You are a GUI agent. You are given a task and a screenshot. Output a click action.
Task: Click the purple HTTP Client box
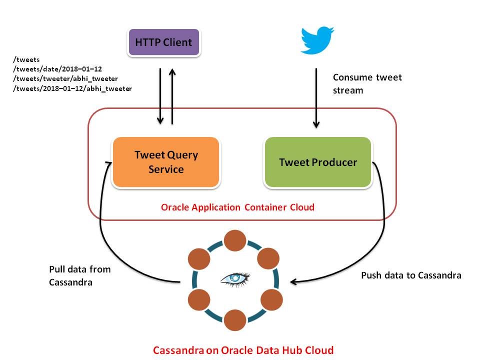pyautogui.click(x=164, y=42)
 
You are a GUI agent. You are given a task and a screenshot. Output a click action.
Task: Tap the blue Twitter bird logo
pyautogui.click(x=317, y=40)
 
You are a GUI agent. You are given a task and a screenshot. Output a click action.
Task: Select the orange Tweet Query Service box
pyautogui.click(x=166, y=162)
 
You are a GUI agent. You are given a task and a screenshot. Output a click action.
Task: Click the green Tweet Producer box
pyautogui.click(x=318, y=162)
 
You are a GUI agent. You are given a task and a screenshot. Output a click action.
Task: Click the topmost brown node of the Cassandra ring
pyautogui.click(x=235, y=241)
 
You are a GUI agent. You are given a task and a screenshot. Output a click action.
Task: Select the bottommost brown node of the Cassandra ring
pyautogui.click(x=235, y=320)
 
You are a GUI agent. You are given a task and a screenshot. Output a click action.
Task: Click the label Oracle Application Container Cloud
pyautogui.click(x=237, y=207)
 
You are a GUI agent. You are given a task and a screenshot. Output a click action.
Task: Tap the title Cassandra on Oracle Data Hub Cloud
pyautogui.click(x=243, y=349)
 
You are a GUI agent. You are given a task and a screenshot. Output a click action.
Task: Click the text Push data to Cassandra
pyautogui.click(x=410, y=275)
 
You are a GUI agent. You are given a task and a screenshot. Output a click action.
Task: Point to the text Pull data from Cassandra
pyautogui.click(x=79, y=275)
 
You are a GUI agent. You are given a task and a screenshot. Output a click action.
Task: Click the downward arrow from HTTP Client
pyautogui.click(x=160, y=95)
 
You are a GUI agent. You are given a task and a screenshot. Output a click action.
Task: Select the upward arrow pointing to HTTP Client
pyautogui.click(x=172, y=95)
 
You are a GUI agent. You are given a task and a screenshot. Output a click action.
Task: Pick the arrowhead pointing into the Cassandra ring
pyautogui.click(x=294, y=282)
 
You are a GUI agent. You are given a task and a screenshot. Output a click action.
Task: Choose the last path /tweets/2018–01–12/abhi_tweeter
pyautogui.click(x=72, y=88)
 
